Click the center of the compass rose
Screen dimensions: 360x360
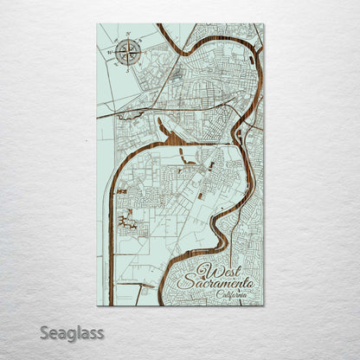(126, 51)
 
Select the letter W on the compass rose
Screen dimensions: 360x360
(111, 52)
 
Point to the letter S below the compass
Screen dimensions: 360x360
(126, 67)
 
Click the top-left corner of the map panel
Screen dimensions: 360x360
(97, 24)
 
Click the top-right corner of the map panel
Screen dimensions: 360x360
(264, 24)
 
